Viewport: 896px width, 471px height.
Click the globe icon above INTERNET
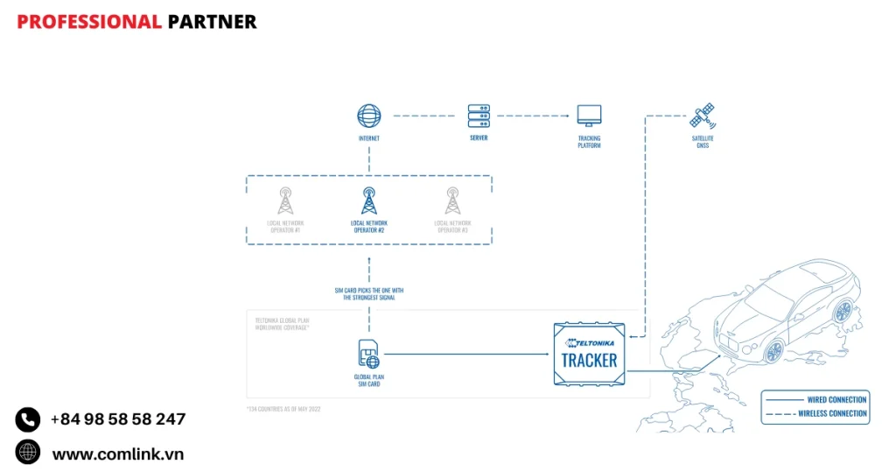click(369, 116)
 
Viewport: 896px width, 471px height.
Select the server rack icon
click(479, 116)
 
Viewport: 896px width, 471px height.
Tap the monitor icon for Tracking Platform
click(589, 116)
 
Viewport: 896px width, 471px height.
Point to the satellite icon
click(703, 116)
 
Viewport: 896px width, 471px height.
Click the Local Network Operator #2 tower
click(369, 200)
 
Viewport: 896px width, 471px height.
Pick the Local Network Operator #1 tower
click(285, 200)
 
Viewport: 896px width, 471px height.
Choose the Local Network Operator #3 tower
click(452, 200)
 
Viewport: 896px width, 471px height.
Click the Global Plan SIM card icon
click(368, 354)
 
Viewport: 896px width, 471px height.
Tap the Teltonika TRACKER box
click(590, 354)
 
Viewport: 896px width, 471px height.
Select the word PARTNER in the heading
click(212, 22)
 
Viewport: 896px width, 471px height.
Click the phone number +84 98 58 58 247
click(117, 419)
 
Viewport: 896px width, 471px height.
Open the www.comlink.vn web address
click(117, 453)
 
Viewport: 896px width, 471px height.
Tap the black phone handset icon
click(28, 419)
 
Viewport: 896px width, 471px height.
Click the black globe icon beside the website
click(28, 453)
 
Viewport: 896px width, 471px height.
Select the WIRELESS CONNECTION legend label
click(832, 413)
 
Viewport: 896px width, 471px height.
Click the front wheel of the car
click(773, 351)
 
